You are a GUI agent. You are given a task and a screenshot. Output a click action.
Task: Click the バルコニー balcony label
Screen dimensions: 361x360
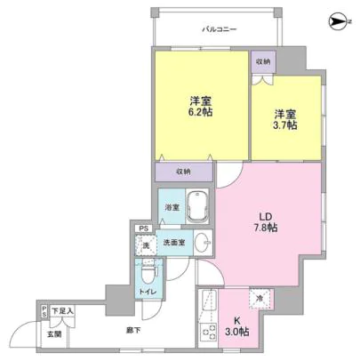[x=219, y=29]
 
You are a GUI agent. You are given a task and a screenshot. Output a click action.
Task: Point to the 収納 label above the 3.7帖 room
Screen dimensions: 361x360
[x=262, y=62]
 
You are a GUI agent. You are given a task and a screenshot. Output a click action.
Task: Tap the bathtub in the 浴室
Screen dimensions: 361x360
[x=196, y=208]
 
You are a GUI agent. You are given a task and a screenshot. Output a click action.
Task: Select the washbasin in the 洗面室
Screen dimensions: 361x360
[x=204, y=242]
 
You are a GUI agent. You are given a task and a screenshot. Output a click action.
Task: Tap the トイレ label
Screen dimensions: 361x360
[x=146, y=290]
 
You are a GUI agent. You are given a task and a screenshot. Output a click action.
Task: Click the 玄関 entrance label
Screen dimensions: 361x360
[x=54, y=334]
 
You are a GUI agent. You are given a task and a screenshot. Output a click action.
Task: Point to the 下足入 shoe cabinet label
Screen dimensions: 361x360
[x=63, y=310]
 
